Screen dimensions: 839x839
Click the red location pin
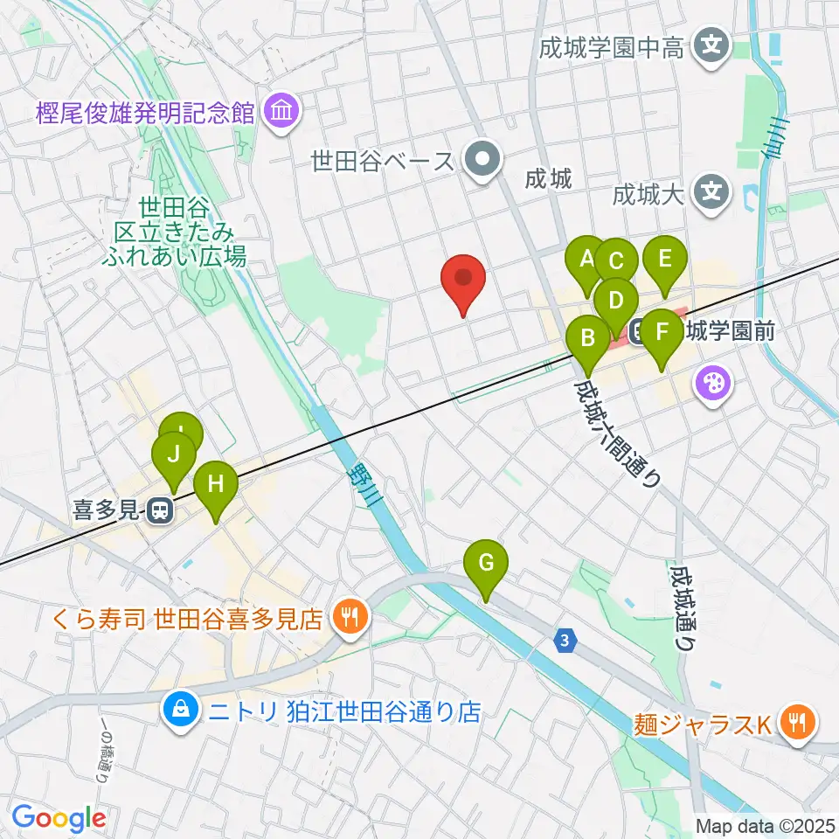tap(464, 280)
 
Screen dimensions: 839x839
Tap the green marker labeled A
tap(586, 259)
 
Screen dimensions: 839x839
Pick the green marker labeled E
tap(665, 259)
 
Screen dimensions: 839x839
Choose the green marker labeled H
tap(215, 483)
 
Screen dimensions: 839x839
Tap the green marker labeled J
tap(173, 454)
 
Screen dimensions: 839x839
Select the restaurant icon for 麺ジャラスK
tap(798, 722)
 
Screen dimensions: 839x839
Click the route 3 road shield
tap(566, 641)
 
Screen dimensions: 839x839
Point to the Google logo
tap(59, 819)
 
